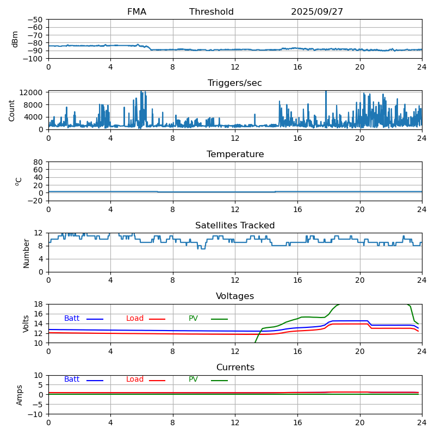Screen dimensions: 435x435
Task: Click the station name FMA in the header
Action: coord(136,12)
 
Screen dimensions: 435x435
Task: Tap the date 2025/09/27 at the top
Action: coord(317,12)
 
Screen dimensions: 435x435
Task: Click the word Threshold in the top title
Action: coord(212,12)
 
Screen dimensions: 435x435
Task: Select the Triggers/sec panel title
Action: coord(235,83)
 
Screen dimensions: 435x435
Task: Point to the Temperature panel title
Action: coord(235,154)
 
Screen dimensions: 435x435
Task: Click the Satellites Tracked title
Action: coord(235,226)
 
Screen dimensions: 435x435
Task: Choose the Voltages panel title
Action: coord(235,296)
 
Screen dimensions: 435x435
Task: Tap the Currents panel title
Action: coord(235,368)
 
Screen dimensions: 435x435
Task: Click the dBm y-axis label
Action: coord(15,39)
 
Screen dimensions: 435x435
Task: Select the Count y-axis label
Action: coord(12,110)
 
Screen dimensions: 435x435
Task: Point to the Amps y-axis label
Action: coord(20,395)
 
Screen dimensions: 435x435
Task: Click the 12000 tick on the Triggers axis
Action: coord(33,93)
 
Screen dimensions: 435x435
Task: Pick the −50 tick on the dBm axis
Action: coord(36,20)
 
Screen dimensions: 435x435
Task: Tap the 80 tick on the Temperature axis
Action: coord(39,162)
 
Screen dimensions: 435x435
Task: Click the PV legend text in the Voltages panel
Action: coord(193,319)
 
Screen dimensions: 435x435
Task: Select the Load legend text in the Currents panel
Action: coord(135,380)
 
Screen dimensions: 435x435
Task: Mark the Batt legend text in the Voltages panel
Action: coord(72,319)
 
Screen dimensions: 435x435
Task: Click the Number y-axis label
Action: coord(26,253)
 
